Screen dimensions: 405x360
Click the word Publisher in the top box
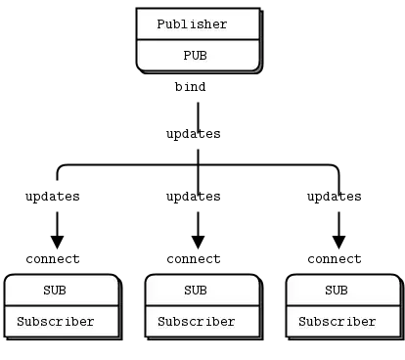[x=192, y=24]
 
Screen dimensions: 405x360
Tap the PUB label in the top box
[x=195, y=56]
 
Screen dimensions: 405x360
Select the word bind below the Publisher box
[x=190, y=87]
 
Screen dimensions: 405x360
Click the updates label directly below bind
[x=194, y=134]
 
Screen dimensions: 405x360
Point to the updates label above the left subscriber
[x=53, y=197]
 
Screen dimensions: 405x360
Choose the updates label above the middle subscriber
[x=194, y=197]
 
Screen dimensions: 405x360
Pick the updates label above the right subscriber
[x=335, y=197]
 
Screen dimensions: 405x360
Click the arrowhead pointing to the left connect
[x=57, y=242]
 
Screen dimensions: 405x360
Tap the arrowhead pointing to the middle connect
[x=198, y=242]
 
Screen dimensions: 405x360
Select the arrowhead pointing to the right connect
[x=338, y=242]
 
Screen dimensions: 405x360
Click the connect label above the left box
[x=53, y=259]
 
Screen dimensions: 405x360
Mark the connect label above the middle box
[x=194, y=259]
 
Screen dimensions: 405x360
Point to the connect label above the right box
[x=335, y=259]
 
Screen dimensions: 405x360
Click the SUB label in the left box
[x=55, y=291]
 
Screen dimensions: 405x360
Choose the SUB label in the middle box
[x=196, y=291]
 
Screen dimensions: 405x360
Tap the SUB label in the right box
[x=337, y=291]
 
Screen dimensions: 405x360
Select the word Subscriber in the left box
[x=56, y=322]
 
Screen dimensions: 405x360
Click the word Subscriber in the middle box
[x=197, y=322]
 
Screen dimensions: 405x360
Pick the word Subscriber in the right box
[x=337, y=322]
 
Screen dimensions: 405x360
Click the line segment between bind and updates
[x=198, y=116]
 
